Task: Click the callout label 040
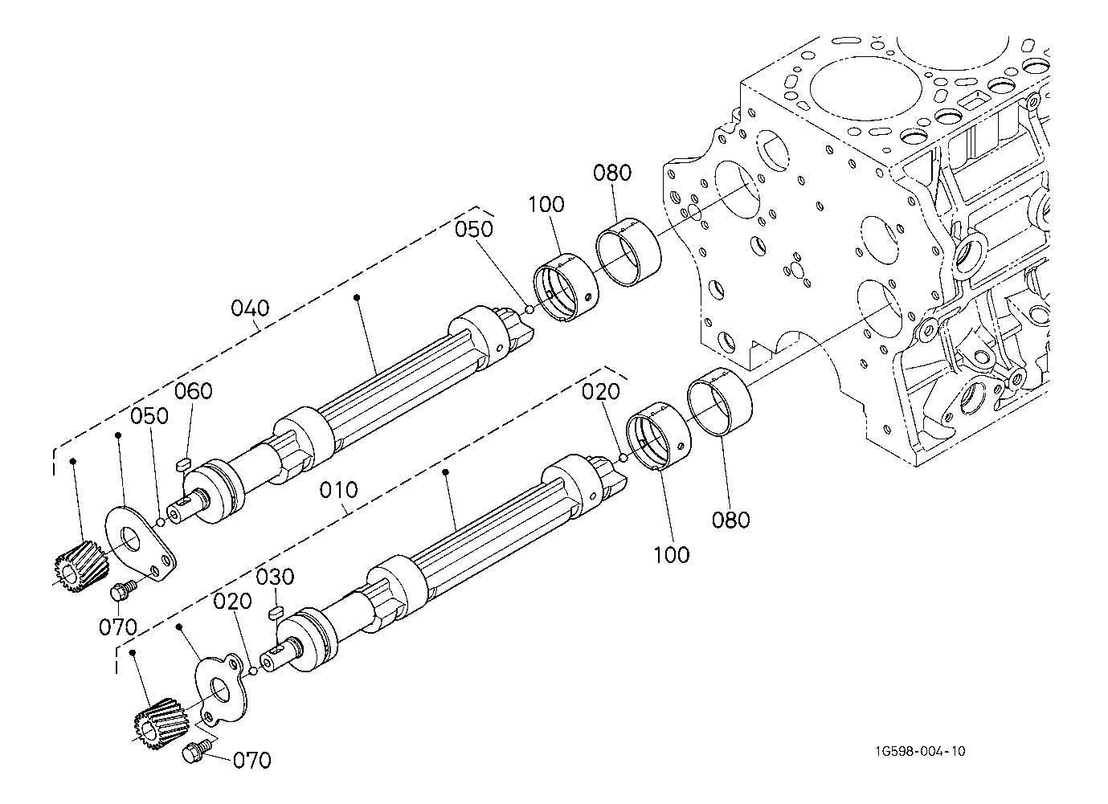(x=250, y=308)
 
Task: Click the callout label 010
(x=337, y=489)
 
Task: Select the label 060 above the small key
(x=194, y=391)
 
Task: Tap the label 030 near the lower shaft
(x=276, y=577)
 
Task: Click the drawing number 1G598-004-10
(x=921, y=752)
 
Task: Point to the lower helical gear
(x=156, y=725)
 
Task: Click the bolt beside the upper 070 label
(x=122, y=591)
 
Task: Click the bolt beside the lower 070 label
(x=195, y=753)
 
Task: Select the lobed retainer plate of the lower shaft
(x=222, y=690)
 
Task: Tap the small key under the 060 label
(x=182, y=463)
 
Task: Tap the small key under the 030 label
(x=276, y=611)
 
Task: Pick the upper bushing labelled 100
(x=565, y=287)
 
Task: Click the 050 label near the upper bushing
(x=473, y=229)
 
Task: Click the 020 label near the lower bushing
(x=602, y=391)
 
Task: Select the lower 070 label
(x=251, y=760)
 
